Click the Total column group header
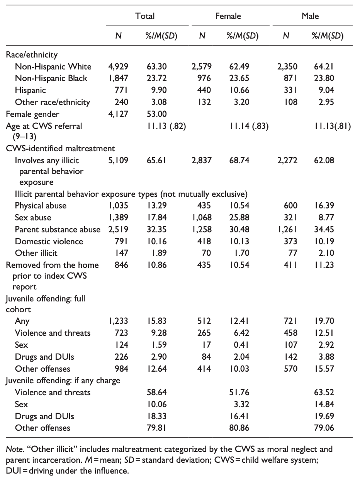[145, 16]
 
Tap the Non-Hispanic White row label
[53, 66]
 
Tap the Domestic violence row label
[49, 242]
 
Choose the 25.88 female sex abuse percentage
[238, 218]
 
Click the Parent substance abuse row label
[58, 230]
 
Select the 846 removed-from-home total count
[122, 265]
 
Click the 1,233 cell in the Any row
[119, 321]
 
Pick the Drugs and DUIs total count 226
[122, 357]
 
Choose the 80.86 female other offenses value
[238, 428]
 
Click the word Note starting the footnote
[13, 450]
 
